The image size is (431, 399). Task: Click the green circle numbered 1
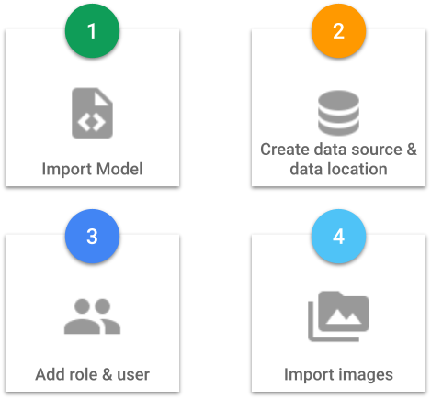click(x=92, y=31)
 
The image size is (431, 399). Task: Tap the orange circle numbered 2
click(x=338, y=31)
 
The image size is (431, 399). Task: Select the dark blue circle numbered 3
click(x=92, y=237)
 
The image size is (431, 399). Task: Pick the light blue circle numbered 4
click(x=338, y=237)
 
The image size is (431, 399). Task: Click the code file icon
click(x=92, y=113)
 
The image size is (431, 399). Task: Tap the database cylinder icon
click(x=338, y=113)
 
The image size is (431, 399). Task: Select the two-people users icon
click(x=92, y=316)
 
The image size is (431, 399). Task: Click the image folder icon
click(x=338, y=316)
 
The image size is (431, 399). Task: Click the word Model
click(x=119, y=169)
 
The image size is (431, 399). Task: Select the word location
click(x=357, y=169)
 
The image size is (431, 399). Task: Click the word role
click(x=83, y=374)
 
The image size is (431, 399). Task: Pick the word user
click(x=133, y=375)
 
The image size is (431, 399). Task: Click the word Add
click(x=50, y=374)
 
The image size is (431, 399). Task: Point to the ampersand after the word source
click(x=412, y=150)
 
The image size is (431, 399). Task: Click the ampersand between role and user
click(x=108, y=374)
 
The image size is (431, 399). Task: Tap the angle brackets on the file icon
click(x=92, y=122)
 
